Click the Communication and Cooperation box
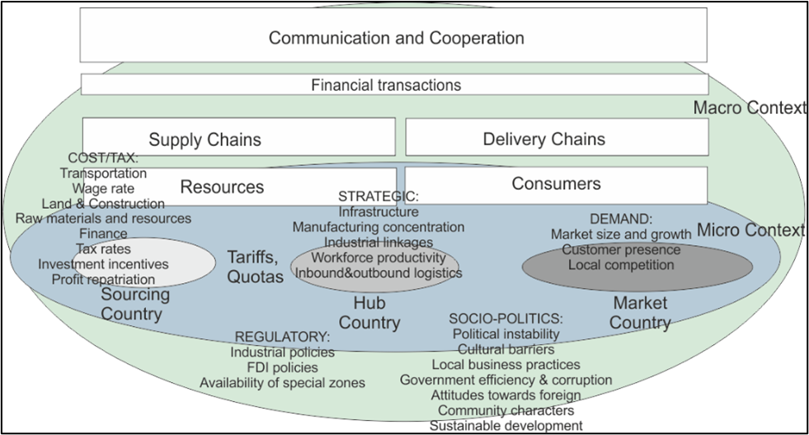(x=396, y=38)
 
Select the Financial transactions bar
(x=386, y=85)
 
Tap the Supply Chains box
(x=205, y=139)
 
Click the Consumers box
(x=556, y=183)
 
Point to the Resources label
(x=222, y=187)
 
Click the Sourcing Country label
(x=135, y=305)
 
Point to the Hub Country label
(x=369, y=313)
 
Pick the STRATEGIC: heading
(x=379, y=196)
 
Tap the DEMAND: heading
(x=621, y=220)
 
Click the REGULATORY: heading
(x=283, y=337)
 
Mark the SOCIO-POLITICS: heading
(x=506, y=319)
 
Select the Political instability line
(x=506, y=334)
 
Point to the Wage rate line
(x=103, y=188)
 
